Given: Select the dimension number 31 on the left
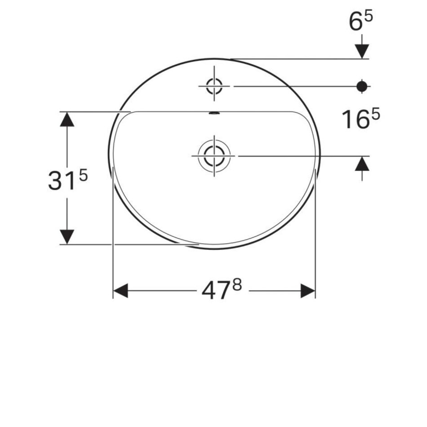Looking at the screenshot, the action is [61, 180].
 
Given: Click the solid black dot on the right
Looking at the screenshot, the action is [362, 86].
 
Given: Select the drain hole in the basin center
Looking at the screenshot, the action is [214, 156].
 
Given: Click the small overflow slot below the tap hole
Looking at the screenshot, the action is [214, 113].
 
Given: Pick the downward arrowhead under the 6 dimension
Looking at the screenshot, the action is [362, 51].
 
